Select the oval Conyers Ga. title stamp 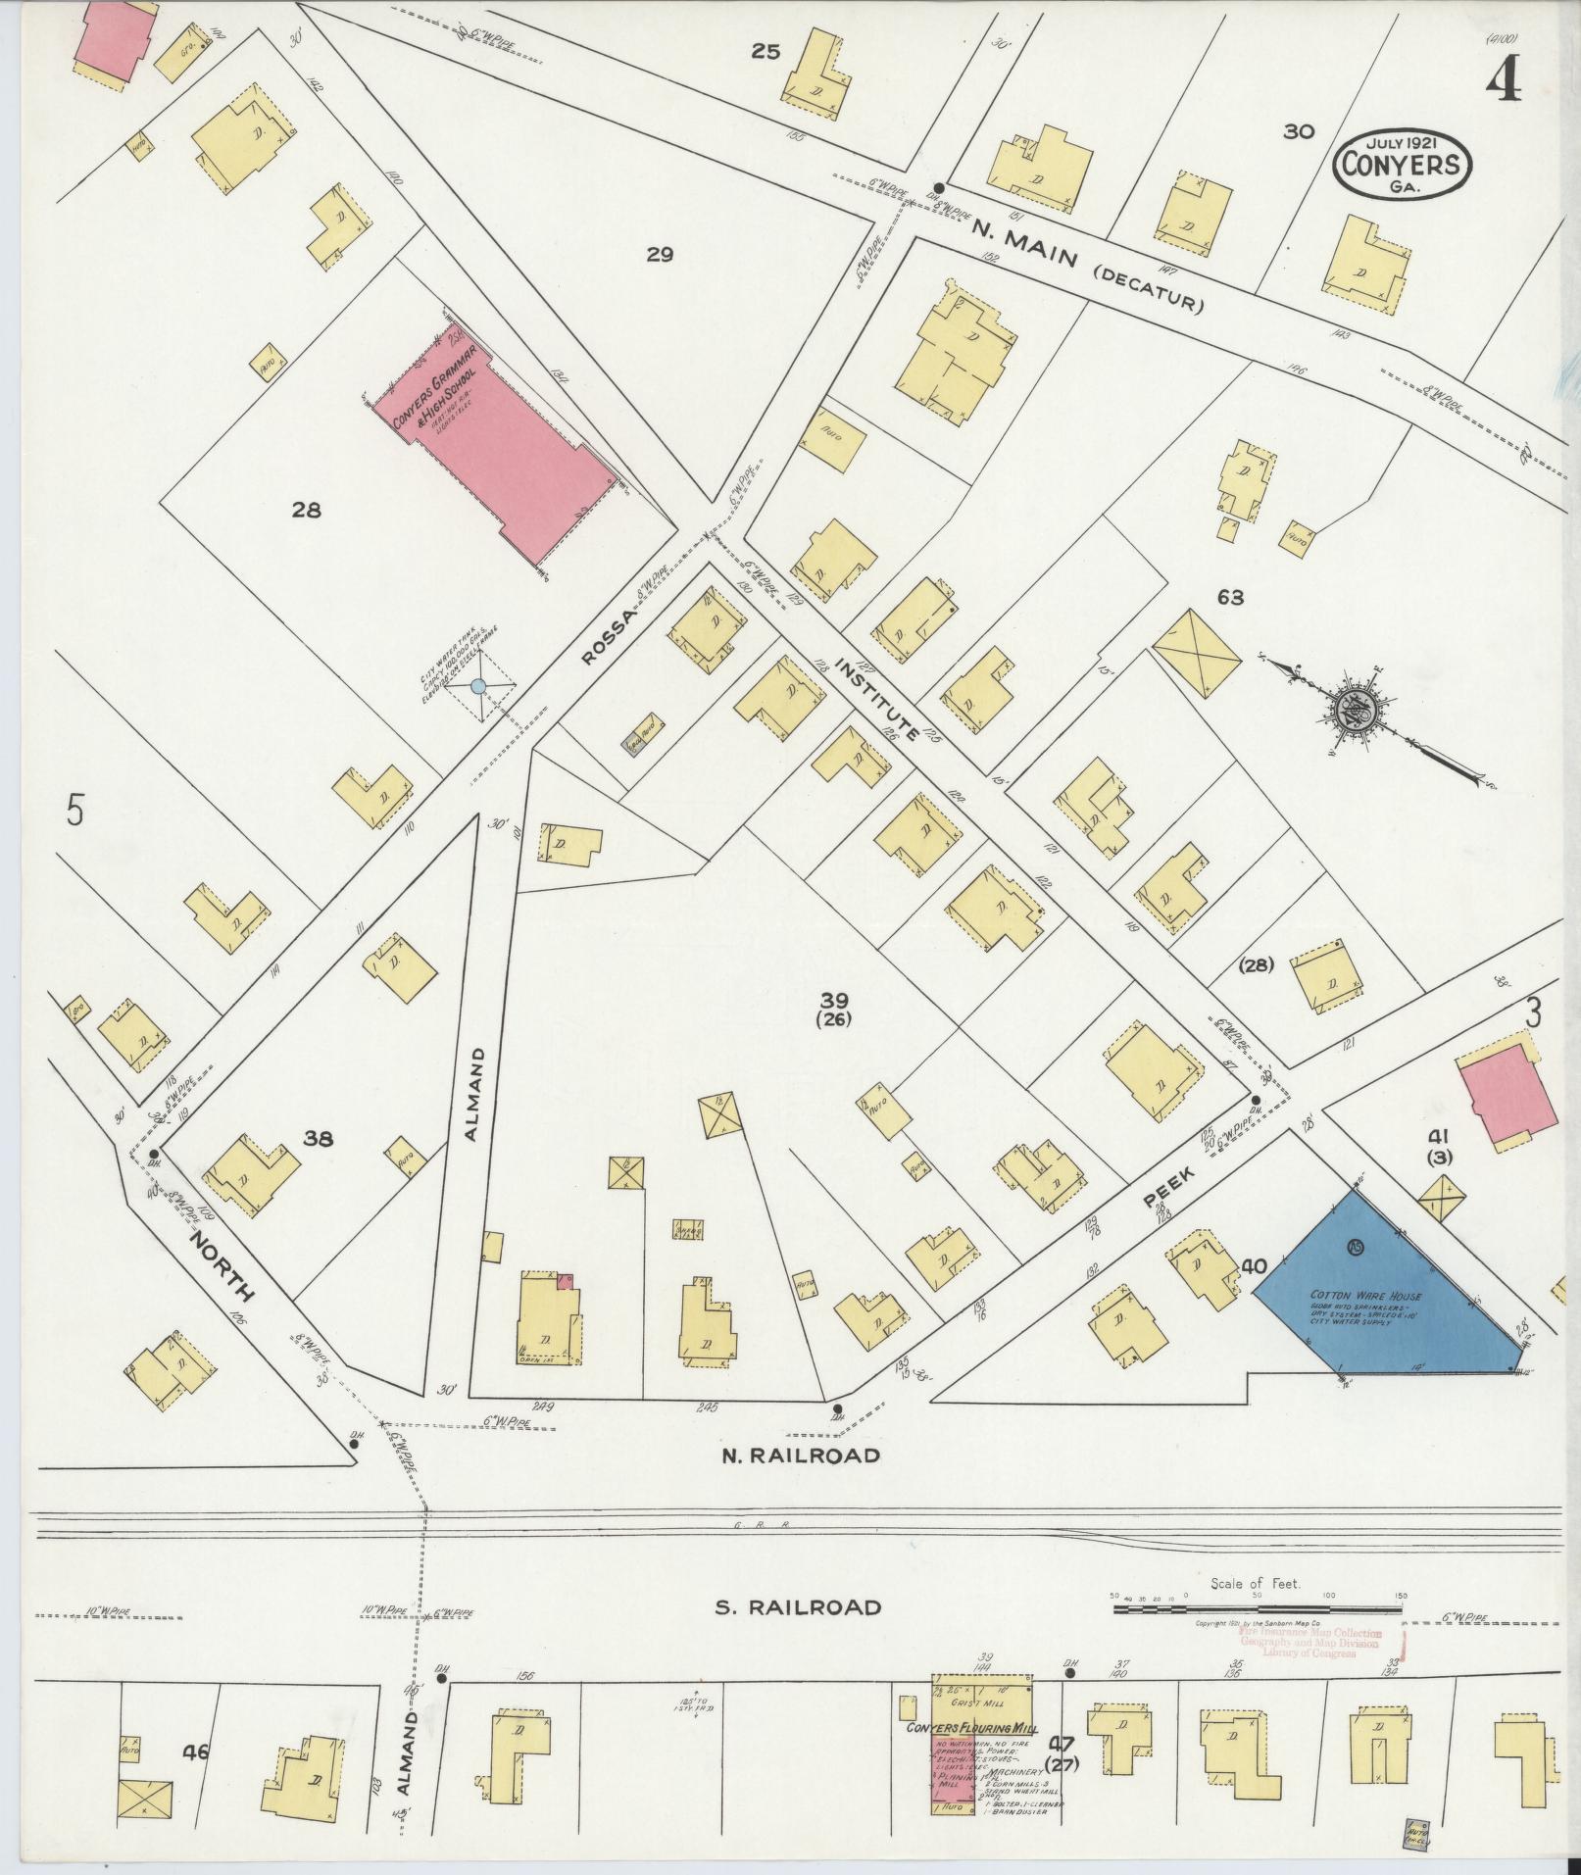(1402, 163)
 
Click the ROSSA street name (609, 637)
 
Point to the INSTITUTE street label (876, 699)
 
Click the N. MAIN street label (1024, 246)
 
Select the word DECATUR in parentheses (1148, 291)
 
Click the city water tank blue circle (478, 687)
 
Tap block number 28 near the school (307, 510)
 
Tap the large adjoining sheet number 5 (73, 812)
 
